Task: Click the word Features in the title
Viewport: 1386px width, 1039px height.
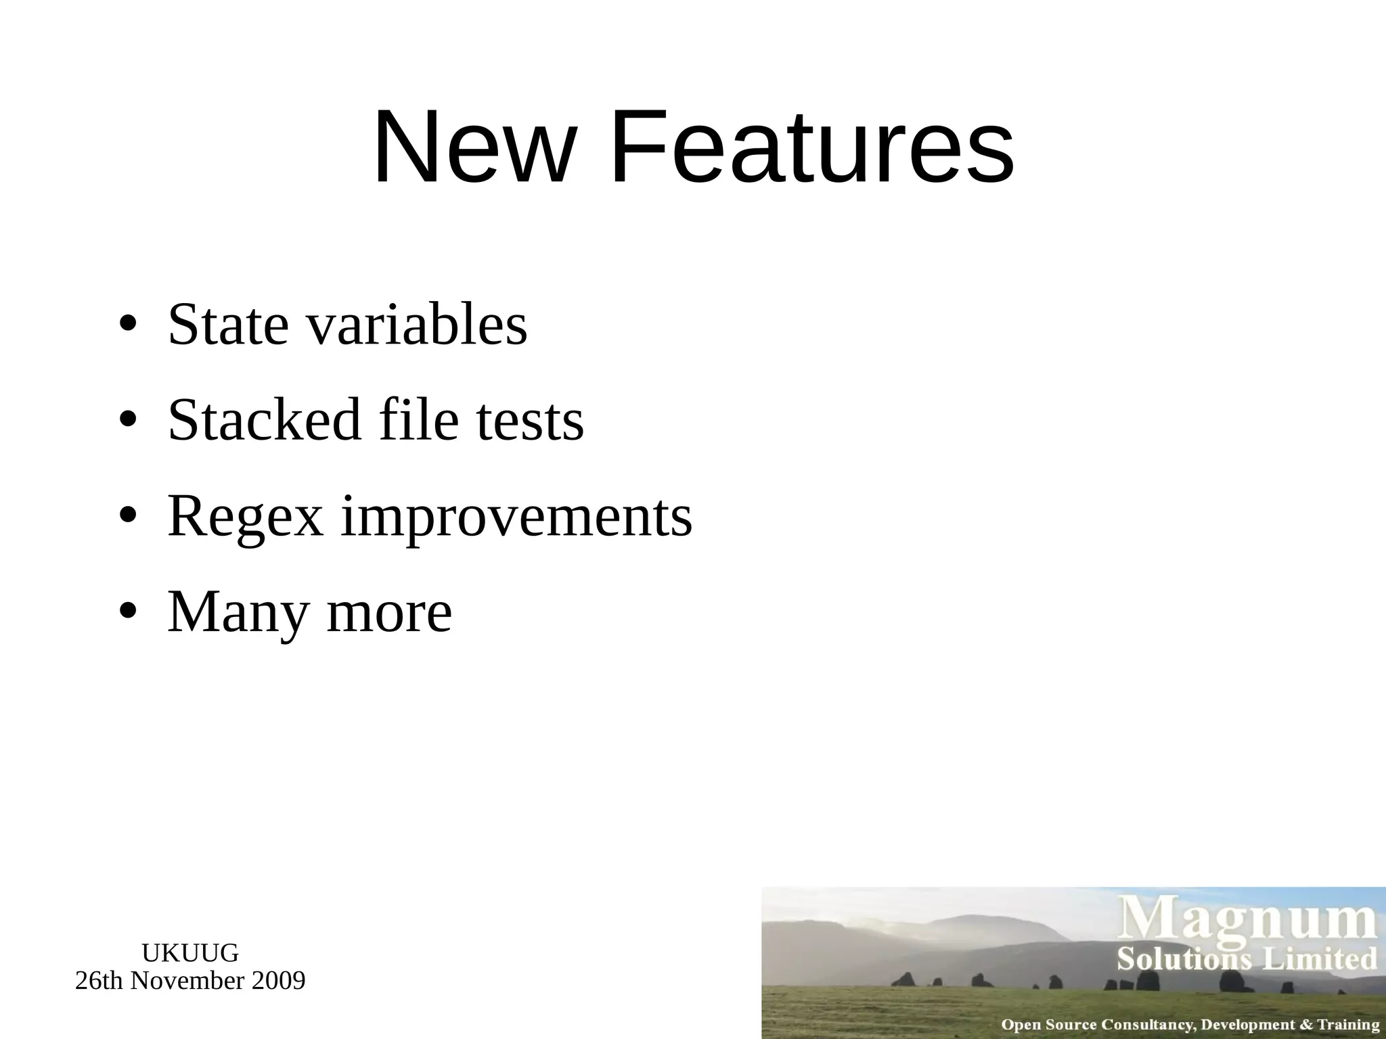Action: pyautogui.click(x=811, y=147)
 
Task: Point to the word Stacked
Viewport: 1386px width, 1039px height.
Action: pyautogui.click(x=264, y=420)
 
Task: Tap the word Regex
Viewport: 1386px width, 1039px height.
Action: pyautogui.click(x=246, y=517)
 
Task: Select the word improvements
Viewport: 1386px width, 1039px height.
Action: pyautogui.click(x=516, y=517)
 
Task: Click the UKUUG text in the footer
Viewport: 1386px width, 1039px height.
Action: pyautogui.click(x=190, y=953)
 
